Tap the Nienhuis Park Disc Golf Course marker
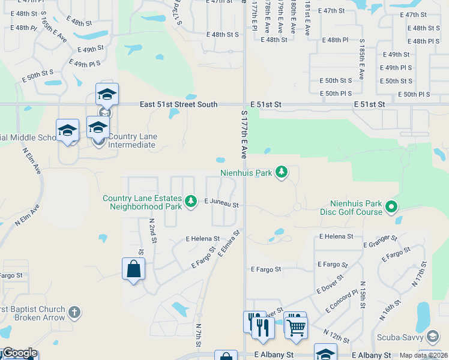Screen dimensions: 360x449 pos(392,208)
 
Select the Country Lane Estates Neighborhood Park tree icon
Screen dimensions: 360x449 pos(191,201)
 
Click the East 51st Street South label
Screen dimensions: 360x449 pos(178,104)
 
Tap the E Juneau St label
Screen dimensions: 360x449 pos(221,205)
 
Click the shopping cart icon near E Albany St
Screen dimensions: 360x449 pos(295,327)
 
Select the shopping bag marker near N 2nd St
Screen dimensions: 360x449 pos(133,269)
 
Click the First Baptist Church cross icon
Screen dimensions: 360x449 pos(74,312)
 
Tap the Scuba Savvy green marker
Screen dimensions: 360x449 pos(433,335)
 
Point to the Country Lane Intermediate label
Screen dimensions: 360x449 pos(129,140)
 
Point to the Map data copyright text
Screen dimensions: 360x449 pos(423,355)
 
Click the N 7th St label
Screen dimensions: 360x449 pos(198,335)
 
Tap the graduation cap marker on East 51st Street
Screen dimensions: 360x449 pos(107,94)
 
